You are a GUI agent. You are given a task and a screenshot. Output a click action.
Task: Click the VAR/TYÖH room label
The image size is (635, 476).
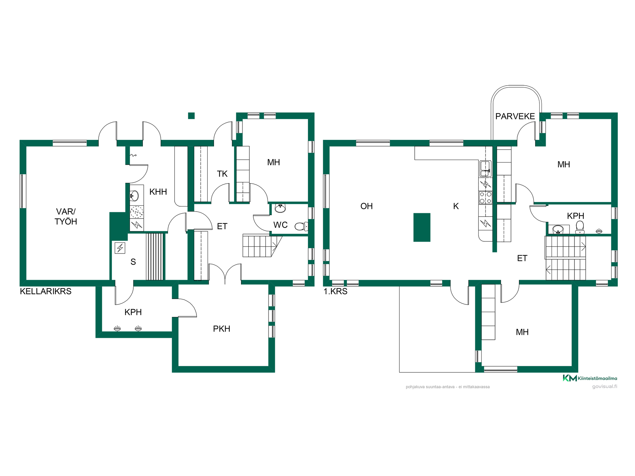(x=66, y=217)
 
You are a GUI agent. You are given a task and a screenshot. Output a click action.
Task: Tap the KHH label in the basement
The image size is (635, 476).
(x=158, y=192)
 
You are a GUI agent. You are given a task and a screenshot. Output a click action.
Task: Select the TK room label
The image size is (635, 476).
(x=222, y=174)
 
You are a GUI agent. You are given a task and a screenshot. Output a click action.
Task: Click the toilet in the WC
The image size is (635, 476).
(x=301, y=226)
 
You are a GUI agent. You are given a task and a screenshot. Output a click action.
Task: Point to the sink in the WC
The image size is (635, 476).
(x=280, y=208)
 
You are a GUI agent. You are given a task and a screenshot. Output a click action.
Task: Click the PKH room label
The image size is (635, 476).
(x=222, y=329)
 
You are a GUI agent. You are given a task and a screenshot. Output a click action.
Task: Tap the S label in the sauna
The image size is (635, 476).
(x=133, y=262)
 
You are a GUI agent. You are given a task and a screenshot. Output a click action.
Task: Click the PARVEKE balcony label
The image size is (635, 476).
(x=515, y=116)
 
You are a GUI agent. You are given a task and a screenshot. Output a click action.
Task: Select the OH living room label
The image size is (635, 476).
(x=366, y=206)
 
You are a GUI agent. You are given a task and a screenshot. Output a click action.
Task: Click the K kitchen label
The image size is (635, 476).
(x=456, y=206)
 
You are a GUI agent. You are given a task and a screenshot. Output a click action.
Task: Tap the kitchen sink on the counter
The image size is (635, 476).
(x=485, y=169)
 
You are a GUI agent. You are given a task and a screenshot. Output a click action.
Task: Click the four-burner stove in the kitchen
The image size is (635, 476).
(x=486, y=198)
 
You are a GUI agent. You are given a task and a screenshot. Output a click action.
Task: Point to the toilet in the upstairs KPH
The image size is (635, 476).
(x=580, y=227)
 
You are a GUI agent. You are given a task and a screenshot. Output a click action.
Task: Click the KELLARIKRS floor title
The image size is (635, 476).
(x=46, y=292)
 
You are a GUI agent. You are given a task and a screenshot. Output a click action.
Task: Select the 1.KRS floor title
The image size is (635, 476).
(x=335, y=292)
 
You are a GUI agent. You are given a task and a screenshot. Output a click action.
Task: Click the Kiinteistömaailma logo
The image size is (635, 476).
(x=590, y=378)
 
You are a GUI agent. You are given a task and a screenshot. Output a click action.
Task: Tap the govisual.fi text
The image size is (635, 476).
(x=605, y=386)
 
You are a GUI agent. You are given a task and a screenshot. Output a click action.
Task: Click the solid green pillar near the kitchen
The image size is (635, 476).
(x=422, y=227)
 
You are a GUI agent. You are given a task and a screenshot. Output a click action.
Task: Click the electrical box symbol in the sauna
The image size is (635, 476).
(x=120, y=248)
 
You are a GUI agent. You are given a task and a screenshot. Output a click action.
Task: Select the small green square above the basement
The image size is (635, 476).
(x=191, y=116)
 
